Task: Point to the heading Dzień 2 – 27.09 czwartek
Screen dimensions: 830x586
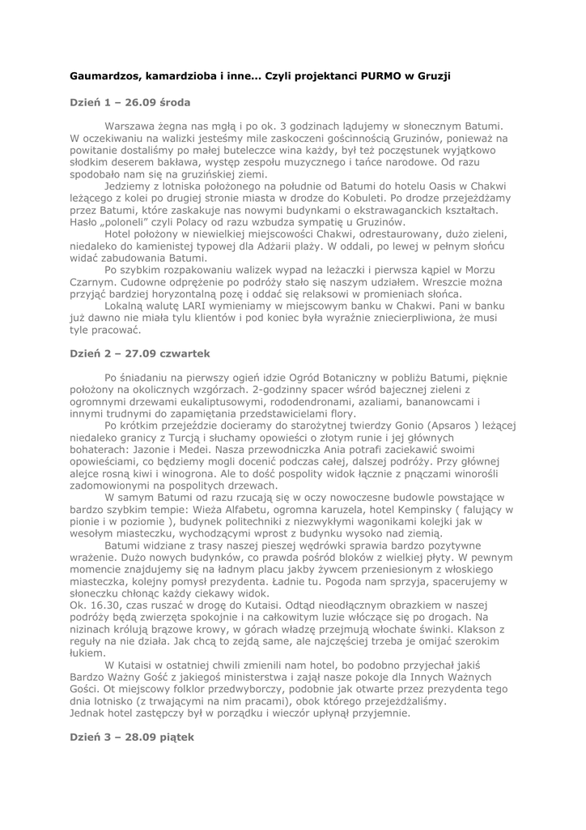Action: (139, 354)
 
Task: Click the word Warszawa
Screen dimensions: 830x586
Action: (132, 126)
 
